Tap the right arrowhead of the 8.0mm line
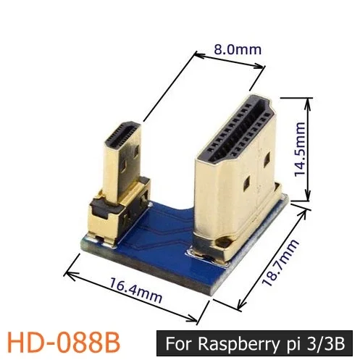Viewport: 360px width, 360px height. tap(263, 66)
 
